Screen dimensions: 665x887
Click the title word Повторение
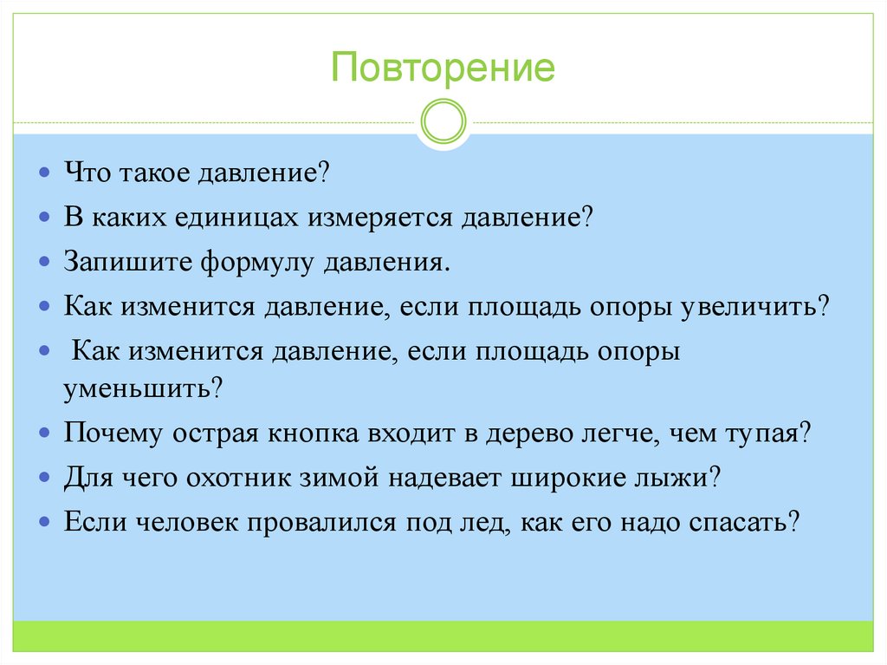(443, 68)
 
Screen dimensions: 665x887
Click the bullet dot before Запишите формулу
(44, 261)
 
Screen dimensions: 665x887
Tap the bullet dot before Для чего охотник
(44, 476)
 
